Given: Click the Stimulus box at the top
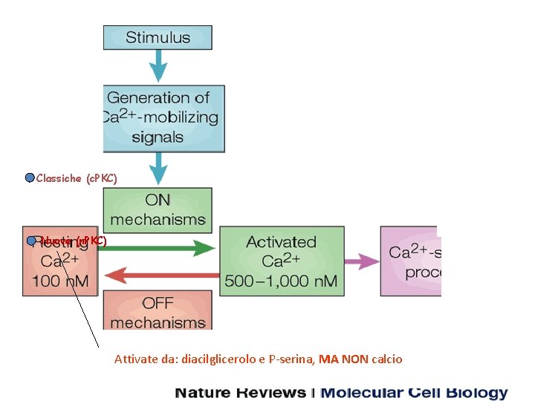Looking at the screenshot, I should [x=158, y=37].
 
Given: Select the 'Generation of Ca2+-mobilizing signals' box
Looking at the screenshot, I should [x=163, y=117].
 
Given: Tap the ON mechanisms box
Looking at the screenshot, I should [x=158, y=209].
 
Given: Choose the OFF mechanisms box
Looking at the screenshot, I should [x=158, y=312].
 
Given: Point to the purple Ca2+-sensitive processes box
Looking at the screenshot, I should [x=410, y=261].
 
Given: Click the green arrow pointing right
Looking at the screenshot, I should [x=156, y=248].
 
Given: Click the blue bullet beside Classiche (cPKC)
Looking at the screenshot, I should [x=30, y=177].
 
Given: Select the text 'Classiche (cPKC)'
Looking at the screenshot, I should [x=77, y=178].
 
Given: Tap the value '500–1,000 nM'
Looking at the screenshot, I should [x=281, y=281].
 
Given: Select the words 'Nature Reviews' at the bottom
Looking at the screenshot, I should [x=240, y=393].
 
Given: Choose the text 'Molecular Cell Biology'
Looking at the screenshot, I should [x=414, y=393].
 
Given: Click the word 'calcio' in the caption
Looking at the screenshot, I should [x=387, y=359].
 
